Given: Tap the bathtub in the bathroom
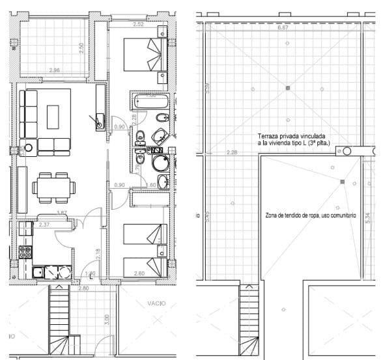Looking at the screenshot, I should [150, 100].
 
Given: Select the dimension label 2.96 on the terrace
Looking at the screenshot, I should [55, 70].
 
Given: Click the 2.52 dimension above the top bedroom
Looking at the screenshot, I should [138, 25].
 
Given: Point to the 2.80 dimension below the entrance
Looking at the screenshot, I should [83, 288].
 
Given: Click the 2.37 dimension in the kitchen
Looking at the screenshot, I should [44, 225].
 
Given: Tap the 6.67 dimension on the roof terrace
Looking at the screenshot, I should [283, 29].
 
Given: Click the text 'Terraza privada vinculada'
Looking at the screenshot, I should [288, 136].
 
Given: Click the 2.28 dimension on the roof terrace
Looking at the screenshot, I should [231, 152].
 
